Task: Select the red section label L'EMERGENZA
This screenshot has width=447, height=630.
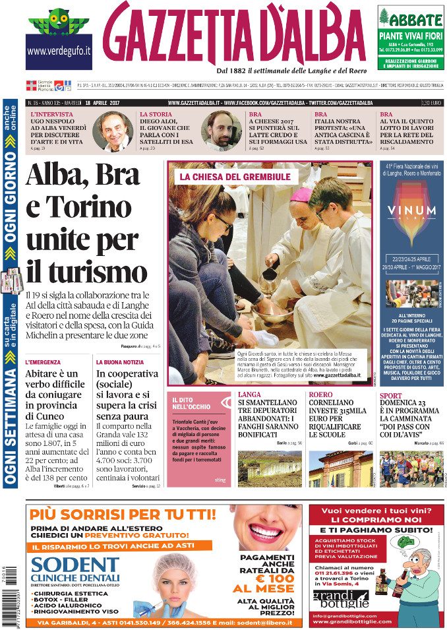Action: tap(43, 362)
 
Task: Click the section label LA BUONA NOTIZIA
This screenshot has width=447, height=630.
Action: tap(121, 362)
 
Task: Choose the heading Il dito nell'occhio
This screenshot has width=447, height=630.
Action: tap(192, 404)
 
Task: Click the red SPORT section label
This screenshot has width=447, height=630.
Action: tap(390, 396)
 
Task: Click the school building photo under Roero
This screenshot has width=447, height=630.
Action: tap(340, 469)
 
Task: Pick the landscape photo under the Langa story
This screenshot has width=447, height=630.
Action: tap(270, 469)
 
